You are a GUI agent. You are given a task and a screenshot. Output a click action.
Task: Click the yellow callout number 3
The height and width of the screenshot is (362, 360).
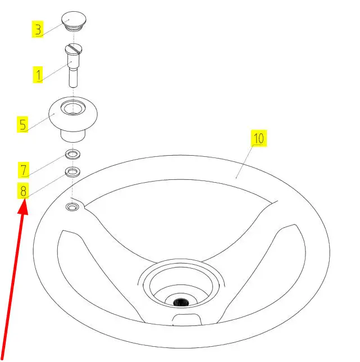[x=38, y=29]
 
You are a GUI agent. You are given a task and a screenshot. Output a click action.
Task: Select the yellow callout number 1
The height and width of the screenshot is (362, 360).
[x=38, y=75]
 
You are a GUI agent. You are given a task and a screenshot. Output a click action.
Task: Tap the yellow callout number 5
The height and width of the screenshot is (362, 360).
[x=22, y=124]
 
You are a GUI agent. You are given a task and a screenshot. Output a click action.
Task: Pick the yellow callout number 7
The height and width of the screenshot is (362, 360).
[x=24, y=170]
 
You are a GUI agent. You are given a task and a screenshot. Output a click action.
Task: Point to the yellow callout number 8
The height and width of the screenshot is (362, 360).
[x=23, y=191]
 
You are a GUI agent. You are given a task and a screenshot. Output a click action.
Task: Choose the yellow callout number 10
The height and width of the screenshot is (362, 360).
[x=259, y=138]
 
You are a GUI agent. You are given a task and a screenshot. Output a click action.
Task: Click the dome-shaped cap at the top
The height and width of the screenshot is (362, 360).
[x=74, y=21]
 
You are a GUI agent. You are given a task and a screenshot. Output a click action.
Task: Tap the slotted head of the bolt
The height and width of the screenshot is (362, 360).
[x=74, y=48]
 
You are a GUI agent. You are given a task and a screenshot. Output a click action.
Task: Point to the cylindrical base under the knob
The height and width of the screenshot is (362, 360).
[x=73, y=136]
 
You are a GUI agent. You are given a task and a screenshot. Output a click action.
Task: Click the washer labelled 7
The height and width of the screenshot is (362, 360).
[x=72, y=154]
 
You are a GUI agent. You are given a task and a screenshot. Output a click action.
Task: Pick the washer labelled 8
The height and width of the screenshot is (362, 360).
[x=72, y=172]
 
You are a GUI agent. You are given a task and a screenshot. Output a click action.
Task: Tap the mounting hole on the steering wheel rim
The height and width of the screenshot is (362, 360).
[x=72, y=207]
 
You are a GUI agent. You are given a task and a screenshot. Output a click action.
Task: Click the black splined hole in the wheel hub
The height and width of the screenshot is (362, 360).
[x=181, y=302]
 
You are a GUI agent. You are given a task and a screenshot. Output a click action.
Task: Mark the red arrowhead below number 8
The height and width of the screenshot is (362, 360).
[x=23, y=207]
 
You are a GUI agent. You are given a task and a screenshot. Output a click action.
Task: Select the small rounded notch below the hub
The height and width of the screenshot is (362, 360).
[x=187, y=319]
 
